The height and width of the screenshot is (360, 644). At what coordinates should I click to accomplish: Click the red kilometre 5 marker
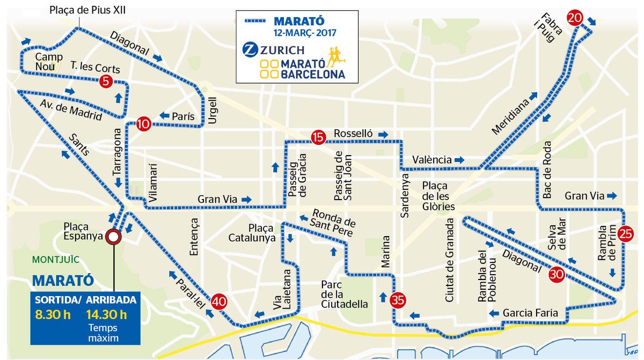pyautogui.click(x=106, y=82)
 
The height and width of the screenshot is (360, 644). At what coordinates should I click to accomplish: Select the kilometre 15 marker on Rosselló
pyautogui.click(x=318, y=137)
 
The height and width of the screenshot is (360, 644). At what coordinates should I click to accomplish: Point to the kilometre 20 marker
pyautogui.click(x=575, y=18)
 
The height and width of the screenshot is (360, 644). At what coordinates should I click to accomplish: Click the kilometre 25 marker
pyautogui.click(x=625, y=233)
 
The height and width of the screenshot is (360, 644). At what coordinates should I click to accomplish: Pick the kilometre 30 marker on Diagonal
pyautogui.click(x=557, y=275)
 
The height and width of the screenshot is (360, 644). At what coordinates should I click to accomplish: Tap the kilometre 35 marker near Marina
pyautogui.click(x=398, y=299)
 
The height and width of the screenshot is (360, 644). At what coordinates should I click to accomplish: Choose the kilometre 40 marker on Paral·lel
pyautogui.click(x=218, y=302)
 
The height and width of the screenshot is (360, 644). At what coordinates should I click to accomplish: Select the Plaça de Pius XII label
pyautogui.click(x=87, y=10)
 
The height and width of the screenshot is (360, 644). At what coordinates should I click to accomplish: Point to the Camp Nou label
pyautogui.click(x=49, y=62)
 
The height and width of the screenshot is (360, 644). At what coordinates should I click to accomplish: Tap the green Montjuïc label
pyautogui.click(x=56, y=260)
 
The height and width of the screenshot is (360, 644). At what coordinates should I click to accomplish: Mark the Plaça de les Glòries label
pyautogui.click(x=438, y=196)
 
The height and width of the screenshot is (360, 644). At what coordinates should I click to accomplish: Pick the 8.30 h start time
pyautogui.click(x=53, y=314)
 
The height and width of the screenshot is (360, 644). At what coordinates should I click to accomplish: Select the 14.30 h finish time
pyautogui.click(x=107, y=314)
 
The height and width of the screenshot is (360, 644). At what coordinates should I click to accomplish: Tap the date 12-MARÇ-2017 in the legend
pyautogui.click(x=304, y=32)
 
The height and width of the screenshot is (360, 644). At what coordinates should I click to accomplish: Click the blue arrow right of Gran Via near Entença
pyautogui.click(x=246, y=199)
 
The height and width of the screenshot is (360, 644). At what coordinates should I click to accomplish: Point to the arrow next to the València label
pyautogui.click(x=459, y=160)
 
